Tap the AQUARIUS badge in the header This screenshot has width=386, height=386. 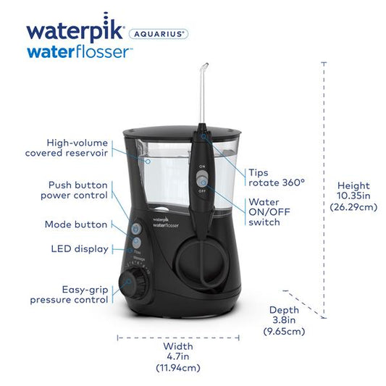(x=158, y=33)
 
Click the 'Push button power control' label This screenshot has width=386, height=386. (x=74, y=190)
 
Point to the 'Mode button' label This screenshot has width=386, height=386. (x=76, y=225)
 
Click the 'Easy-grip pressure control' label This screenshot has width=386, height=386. (x=70, y=293)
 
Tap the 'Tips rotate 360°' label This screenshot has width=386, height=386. (x=267, y=177)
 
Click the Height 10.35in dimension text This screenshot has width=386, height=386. (x=353, y=196)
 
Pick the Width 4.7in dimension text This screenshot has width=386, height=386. (x=177, y=356)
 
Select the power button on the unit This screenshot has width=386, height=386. (x=136, y=226)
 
